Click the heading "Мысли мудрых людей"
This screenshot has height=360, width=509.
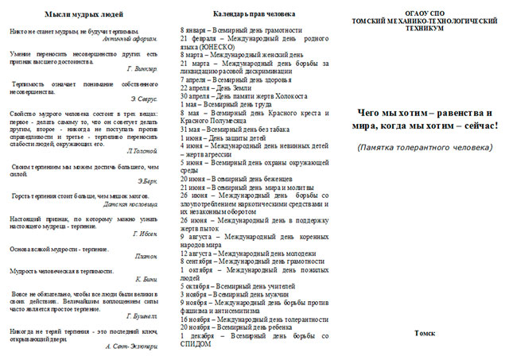point(84,14)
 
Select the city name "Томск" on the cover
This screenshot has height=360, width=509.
point(424,333)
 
